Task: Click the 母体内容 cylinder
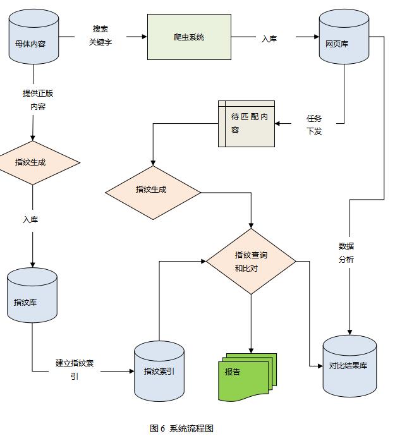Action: (x=34, y=41)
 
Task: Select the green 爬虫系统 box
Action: (x=188, y=37)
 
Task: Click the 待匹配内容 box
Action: (x=247, y=124)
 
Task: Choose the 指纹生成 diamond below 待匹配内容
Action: (x=152, y=190)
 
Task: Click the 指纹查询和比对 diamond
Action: (x=251, y=261)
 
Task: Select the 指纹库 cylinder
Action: (x=32, y=300)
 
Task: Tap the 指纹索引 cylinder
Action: (x=159, y=371)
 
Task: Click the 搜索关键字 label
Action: (x=100, y=36)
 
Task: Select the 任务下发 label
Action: (x=313, y=124)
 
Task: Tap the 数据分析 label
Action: (x=346, y=253)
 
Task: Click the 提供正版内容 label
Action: (x=38, y=100)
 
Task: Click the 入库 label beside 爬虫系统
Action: (x=269, y=39)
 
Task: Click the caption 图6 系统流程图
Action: (x=181, y=428)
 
